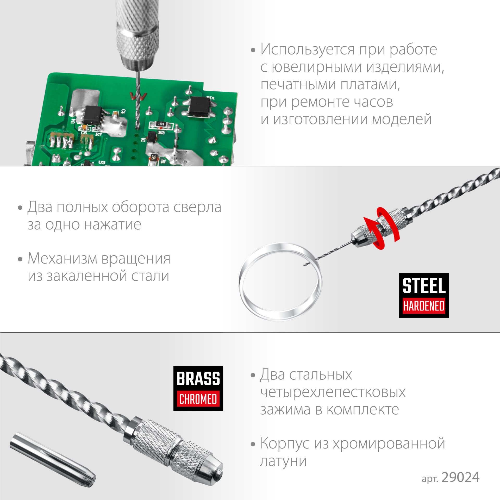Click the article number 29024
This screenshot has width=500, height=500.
click(x=460, y=478)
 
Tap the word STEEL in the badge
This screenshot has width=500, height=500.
click(x=424, y=286)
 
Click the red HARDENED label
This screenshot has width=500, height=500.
click(x=424, y=306)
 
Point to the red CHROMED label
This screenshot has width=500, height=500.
click(x=198, y=399)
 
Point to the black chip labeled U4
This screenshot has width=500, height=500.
click(x=92, y=115)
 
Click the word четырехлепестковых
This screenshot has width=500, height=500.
click(x=333, y=392)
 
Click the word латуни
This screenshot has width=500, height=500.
click(x=283, y=461)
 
